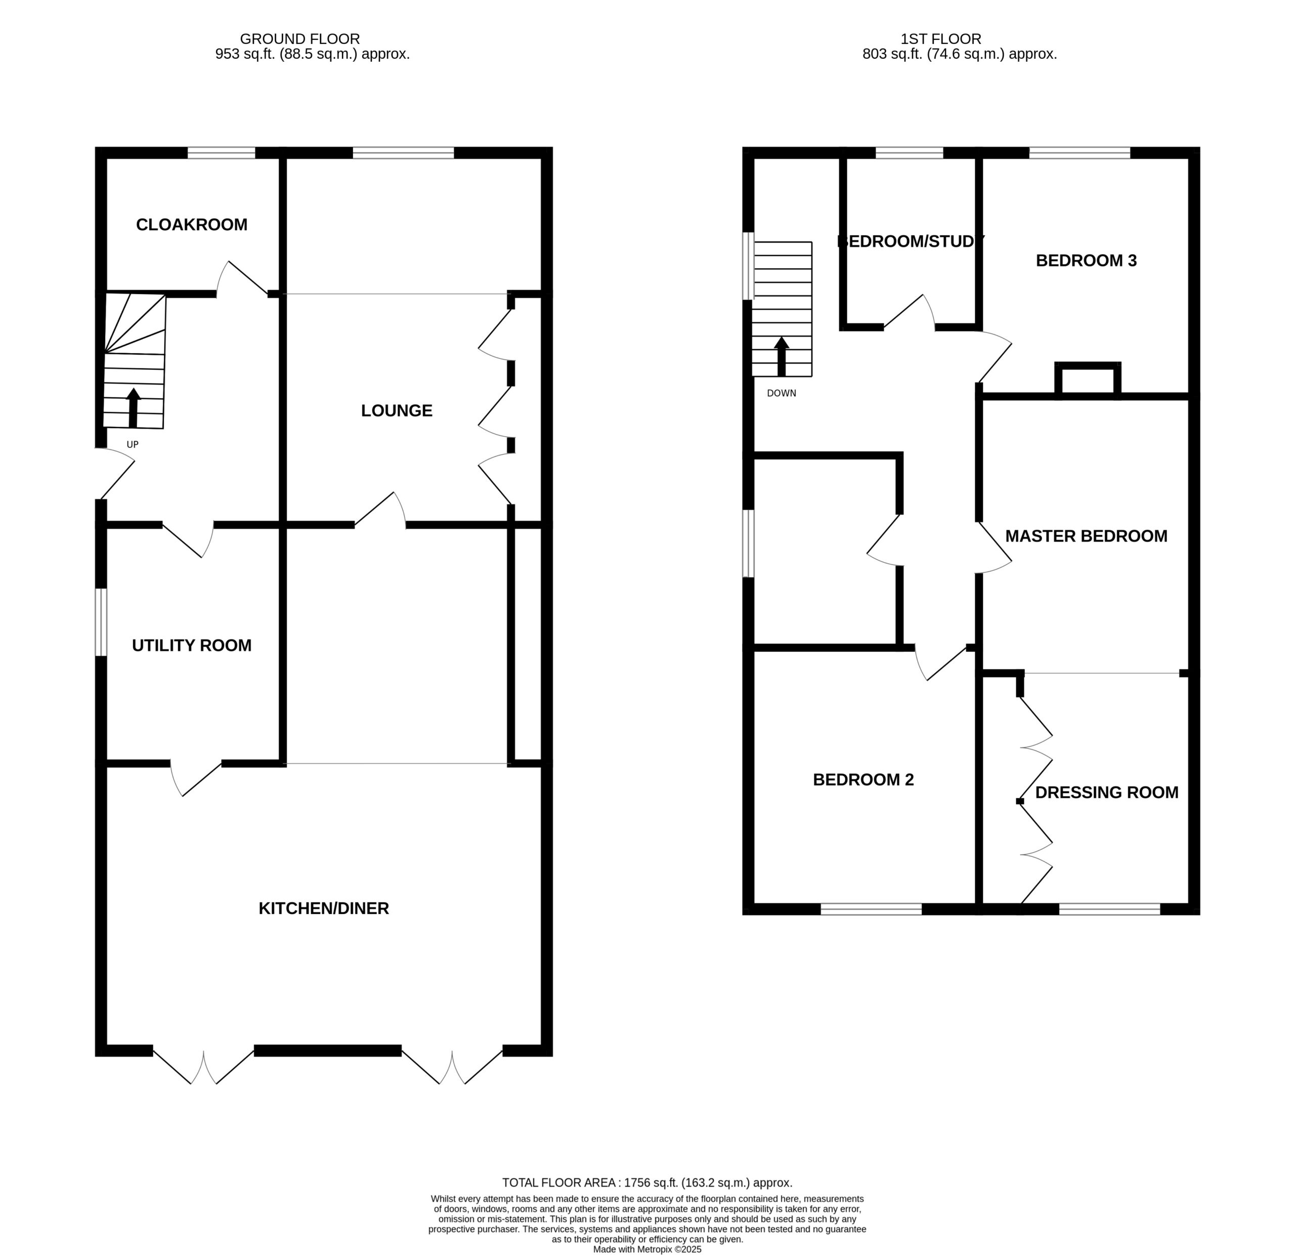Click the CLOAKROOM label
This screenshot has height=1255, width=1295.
(x=192, y=225)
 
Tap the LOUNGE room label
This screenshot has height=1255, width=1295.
(x=397, y=410)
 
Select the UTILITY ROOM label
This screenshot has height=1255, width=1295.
(x=192, y=645)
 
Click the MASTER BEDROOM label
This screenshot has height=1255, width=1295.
(x=1086, y=536)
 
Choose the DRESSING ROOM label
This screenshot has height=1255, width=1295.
(x=1107, y=792)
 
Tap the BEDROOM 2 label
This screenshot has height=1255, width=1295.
(x=863, y=780)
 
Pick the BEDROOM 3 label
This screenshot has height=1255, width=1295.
(x=1086, y=261)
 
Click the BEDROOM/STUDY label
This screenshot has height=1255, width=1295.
(x=911, y=241)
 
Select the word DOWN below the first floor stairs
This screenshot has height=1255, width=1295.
(x=782, y=393)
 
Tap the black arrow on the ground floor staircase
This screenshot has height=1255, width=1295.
(x=134, y=408)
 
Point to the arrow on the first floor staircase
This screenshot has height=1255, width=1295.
(x=782, y=357)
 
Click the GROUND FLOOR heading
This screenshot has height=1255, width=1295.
(x=300, y=39)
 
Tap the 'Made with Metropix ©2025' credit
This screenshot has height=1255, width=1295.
(x=647, y=1249)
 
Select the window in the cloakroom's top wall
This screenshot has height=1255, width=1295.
(x=222, y=153)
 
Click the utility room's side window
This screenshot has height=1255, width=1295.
(x=101, y=622)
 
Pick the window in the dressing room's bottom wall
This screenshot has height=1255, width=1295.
(x=1109, y=909)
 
